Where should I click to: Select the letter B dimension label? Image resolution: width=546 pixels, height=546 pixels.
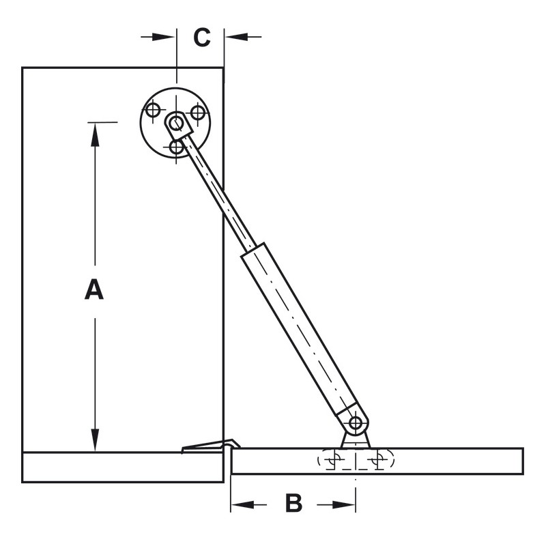[293, 504]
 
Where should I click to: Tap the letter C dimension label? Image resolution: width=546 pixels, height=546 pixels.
[201, 38]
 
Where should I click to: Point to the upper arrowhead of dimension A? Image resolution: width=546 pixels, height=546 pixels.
[95, 133]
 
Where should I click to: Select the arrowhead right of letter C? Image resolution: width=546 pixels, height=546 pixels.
[235, 36]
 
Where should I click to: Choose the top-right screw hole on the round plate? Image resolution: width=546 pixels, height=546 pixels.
[198, 111]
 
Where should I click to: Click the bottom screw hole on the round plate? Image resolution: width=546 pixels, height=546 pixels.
[177, 146]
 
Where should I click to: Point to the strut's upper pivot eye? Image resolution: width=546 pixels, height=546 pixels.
[177, 123]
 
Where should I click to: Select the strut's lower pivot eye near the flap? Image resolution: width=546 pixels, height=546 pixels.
[356, 423]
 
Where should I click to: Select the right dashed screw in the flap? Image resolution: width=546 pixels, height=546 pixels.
[375, 461]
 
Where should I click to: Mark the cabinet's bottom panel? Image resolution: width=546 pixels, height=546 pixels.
[123, 468]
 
